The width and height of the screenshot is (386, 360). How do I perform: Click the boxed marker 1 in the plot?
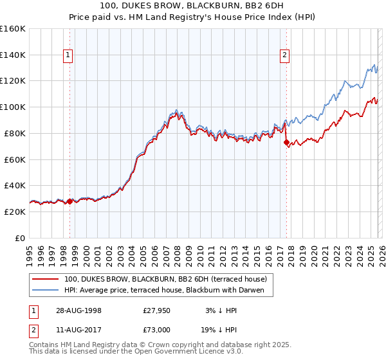69,56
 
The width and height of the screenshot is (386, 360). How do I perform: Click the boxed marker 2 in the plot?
284,56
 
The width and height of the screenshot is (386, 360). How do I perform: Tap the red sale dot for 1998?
70,201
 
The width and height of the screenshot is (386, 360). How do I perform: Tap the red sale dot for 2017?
286,142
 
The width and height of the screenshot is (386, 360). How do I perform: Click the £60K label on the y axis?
15,159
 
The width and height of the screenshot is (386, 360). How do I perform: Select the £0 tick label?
20,238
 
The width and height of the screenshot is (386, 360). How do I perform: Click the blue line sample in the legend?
45,290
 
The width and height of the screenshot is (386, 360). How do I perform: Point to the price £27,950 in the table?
156,310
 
